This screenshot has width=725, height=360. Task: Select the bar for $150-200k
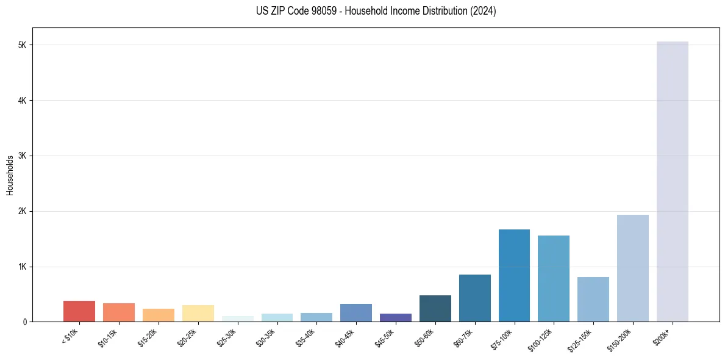pos(632,268)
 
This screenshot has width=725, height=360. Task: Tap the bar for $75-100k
pos(514,275)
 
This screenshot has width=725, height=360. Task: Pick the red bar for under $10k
pos(79,311)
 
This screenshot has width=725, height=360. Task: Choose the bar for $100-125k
pos(554,278)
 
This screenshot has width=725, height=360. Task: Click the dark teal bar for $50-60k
pos(435,308)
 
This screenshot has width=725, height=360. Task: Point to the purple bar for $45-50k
pos(395,317)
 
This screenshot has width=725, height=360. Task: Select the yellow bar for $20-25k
pos(198,313)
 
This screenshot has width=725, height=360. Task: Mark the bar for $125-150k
pos(593,299)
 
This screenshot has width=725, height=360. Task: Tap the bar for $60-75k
pos(474,298)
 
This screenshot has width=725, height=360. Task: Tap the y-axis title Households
pos(10,175)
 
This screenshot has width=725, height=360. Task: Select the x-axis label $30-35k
pos(267,337)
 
